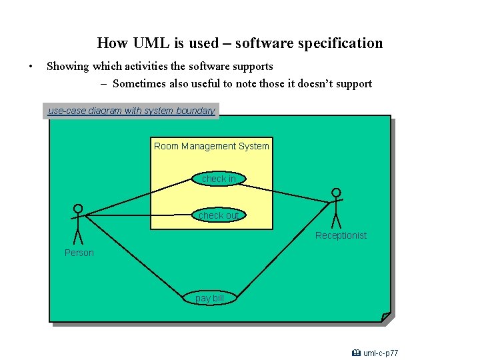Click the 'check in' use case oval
[x=218, y=179]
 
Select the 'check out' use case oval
[x=218, y=215]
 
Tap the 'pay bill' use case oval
[x=209, y=298]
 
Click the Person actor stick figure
[x=78, y=224]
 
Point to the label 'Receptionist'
[x=341, y=235]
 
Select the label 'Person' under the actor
[x=79, y=253]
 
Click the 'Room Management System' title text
[x=211, y=146]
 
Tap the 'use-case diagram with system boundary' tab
[x=131, y=111]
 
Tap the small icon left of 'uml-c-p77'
[x=357, y=353]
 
